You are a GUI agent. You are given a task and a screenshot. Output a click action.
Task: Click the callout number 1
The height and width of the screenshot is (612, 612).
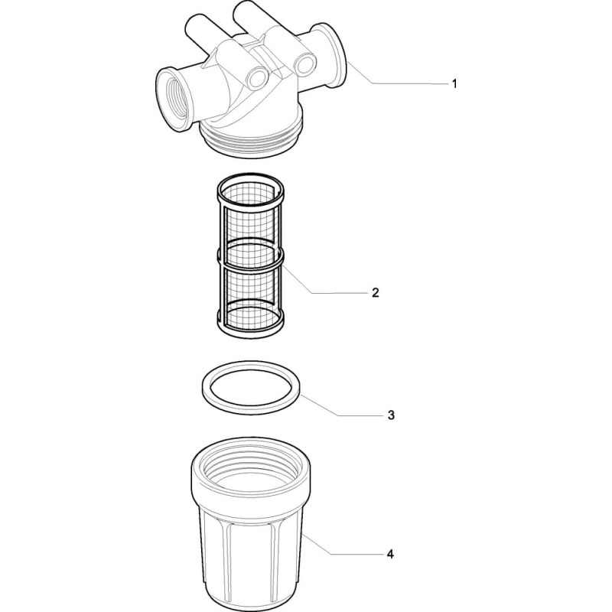pos(454,83)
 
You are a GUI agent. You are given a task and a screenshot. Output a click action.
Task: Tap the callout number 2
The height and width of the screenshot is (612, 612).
pos(375,292)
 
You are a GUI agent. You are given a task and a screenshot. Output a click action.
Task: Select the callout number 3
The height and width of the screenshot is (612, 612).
pos(391,415)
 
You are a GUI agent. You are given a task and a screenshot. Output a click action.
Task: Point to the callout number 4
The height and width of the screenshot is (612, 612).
pos(390,554)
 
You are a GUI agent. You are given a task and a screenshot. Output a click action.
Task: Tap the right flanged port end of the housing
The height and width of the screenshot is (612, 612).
pos(331,54)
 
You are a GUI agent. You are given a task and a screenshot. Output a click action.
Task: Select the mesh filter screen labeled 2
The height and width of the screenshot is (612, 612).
pos(250,256)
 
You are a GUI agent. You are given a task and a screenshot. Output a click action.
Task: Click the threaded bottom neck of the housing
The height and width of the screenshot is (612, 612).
pos(252,145)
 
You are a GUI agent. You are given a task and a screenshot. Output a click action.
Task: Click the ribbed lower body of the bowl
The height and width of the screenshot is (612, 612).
pos(251,562)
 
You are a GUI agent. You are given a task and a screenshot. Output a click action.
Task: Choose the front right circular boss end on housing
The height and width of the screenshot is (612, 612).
pos(304,64)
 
